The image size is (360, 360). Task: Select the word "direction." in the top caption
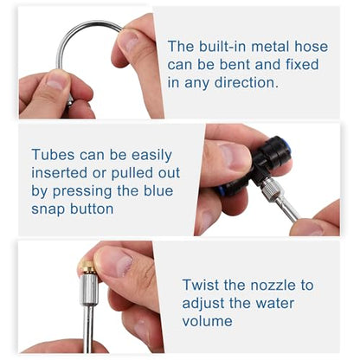[x=247, y=82]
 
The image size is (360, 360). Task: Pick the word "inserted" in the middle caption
[x=60, y=173]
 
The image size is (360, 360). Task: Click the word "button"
[x=92, y=209]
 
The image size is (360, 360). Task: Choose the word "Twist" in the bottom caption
[x=201, y=285]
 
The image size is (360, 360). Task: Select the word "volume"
[x=207, y=321]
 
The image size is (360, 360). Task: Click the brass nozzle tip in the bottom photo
[x=87, y=267]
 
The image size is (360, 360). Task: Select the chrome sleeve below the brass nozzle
[x=89, y=288]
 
